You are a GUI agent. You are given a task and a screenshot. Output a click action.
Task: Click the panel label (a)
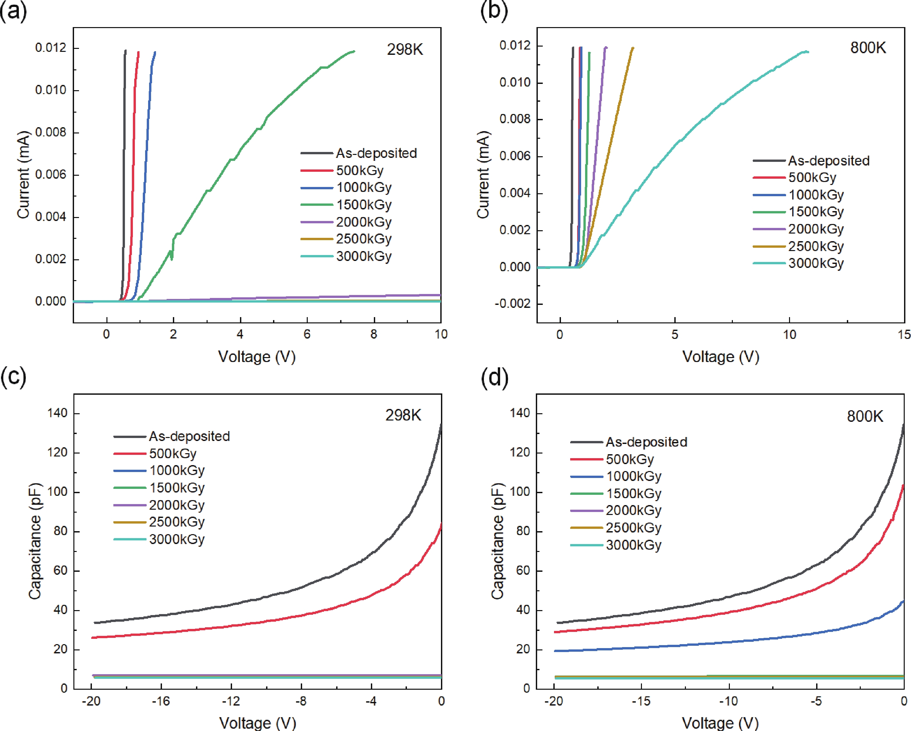click(x=14, y=11)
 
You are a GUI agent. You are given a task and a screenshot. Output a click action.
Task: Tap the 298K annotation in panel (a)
click(x=404, y=50)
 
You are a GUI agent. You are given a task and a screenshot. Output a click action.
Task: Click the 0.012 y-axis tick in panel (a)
click(x=51, y=48)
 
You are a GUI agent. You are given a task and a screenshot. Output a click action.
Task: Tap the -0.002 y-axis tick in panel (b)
click(x=514, y=304)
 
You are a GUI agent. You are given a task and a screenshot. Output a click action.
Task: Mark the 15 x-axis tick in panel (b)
click(x=904, y=335)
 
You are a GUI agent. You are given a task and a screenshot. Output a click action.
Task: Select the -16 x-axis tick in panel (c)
click(x=161, y=702)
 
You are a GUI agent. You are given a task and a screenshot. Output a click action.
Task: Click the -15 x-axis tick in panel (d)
click(x=641, y=702)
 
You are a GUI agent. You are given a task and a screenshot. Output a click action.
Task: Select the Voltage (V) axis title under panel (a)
click(x=257, y=357)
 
